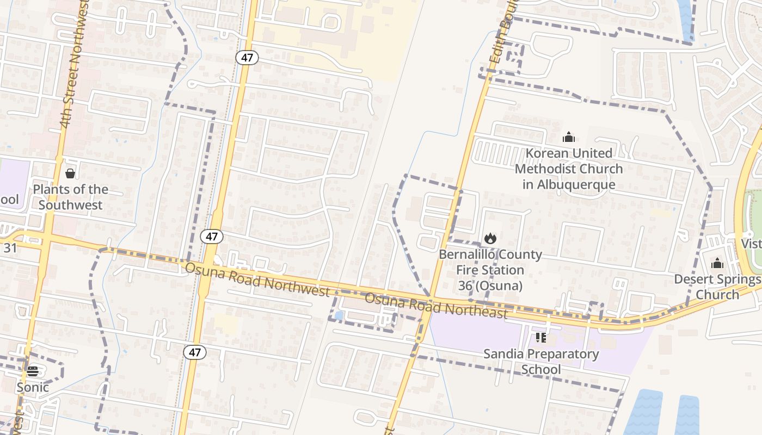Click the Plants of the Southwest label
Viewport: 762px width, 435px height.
point(70,197)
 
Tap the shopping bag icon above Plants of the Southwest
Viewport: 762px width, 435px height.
point(70,173)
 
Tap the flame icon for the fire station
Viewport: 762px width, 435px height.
point(490,238)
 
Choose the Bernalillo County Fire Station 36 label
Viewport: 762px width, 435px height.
point(490,270)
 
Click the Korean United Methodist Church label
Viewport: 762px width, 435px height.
point(569,169)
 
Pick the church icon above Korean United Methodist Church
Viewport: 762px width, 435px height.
point(569,137)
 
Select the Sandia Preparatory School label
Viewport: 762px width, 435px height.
point(541,362)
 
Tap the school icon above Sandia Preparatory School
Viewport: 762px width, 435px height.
point(540,338)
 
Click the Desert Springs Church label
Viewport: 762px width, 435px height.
point(717,287)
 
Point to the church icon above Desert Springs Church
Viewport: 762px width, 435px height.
point(717,264)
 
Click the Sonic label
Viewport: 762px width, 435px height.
point(33,387)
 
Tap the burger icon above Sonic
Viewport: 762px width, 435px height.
point(33,371)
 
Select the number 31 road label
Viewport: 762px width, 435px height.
point(10,248)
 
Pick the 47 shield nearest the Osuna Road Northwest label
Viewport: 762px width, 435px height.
point(211,237)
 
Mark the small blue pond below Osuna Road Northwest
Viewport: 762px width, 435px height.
point(340,315)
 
